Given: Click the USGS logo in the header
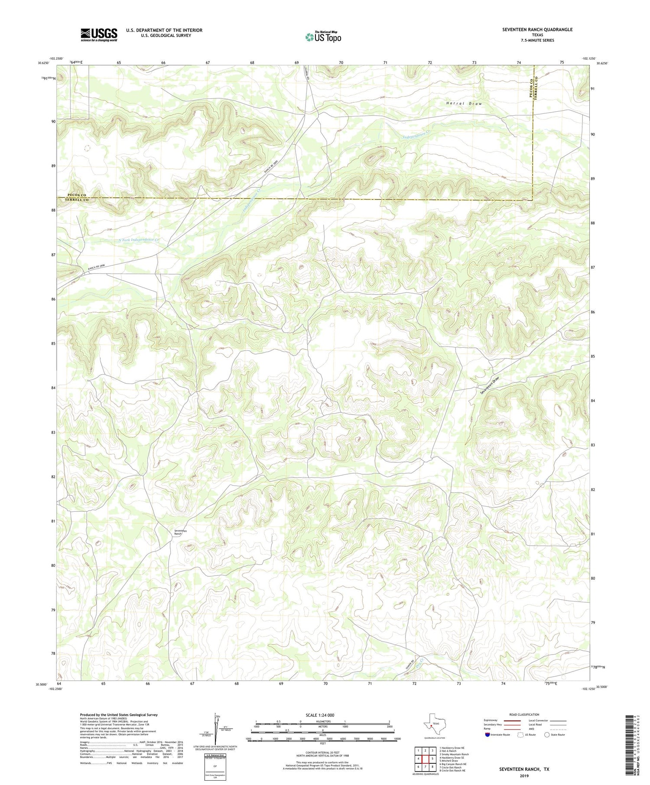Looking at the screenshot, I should coord(99,35).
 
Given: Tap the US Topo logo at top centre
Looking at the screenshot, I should coord(323,37).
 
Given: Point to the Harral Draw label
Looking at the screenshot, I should coord(464,104).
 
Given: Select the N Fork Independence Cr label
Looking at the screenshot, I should coord(139,239).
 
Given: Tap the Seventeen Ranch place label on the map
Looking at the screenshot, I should coord(179,533).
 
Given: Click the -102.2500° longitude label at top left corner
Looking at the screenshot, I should coord(56,58).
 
